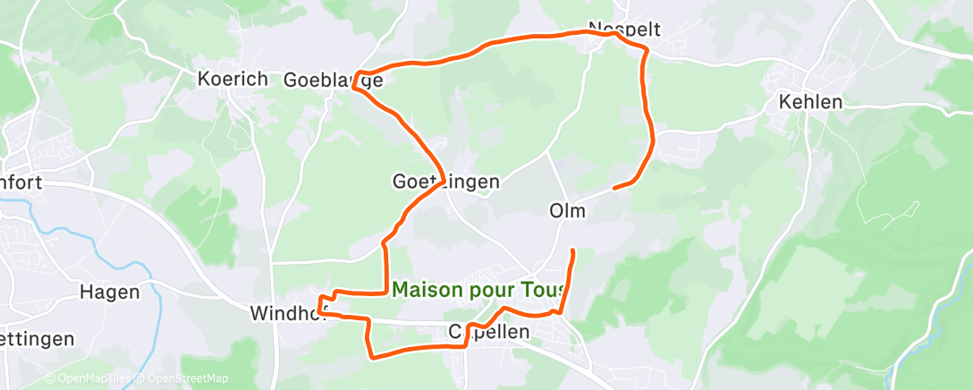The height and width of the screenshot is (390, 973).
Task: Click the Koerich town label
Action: [232, 79]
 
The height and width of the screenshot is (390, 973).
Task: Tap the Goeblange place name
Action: [333, 80]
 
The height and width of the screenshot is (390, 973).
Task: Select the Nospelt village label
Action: [624, 29]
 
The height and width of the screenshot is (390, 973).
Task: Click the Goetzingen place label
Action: [445, 182]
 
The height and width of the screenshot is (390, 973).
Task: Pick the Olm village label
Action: [567, 211]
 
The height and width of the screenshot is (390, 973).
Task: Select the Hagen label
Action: [109, 292]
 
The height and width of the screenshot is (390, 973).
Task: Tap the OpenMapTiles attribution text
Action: [89, 378]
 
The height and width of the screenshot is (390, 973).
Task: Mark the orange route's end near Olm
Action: [614, 188]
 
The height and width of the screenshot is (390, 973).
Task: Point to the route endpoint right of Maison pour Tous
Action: [571, 249]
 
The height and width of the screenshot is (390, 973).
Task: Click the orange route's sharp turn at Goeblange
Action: [356, 75]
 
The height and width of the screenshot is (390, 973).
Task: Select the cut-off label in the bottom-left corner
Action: [36, 340]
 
